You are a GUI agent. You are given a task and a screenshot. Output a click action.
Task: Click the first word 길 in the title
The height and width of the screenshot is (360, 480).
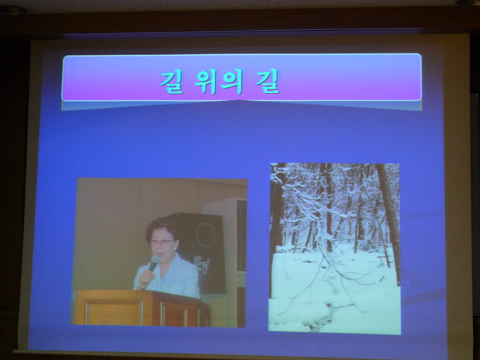[172, 82]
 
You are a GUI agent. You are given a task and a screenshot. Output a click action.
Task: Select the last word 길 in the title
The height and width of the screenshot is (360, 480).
[267, 81]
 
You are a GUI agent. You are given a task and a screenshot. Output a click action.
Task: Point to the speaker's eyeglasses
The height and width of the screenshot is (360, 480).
[162, 242]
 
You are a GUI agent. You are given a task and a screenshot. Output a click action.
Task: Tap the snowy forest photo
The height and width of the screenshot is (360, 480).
[335, 248]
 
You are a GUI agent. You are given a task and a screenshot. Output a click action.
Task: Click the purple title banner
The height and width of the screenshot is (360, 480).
[242, 77]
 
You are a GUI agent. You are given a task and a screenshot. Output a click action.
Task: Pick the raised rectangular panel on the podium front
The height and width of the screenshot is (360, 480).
[114, 313]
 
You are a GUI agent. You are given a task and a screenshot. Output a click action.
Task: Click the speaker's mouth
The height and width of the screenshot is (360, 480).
[160, 254]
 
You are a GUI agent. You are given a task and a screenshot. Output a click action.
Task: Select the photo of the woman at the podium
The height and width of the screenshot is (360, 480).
[160, 253]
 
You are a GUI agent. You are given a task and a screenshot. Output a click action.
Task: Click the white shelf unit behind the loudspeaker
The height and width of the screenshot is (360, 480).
[232, 260]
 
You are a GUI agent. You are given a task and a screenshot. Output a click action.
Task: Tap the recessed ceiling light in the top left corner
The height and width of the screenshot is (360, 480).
[12, 10]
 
